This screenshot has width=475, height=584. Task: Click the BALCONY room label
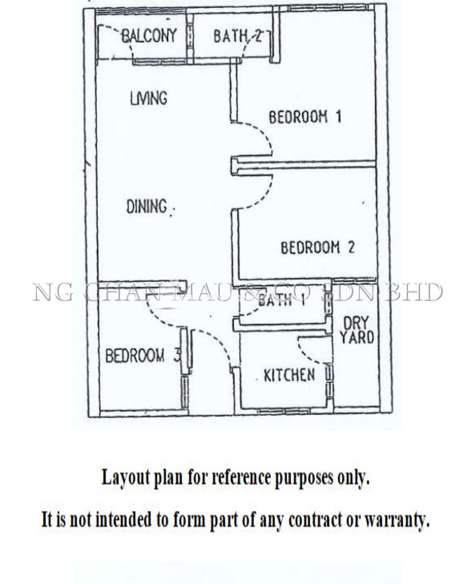[149, 36]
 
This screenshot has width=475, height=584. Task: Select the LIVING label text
[149, 98]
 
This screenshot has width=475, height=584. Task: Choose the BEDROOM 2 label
[318, 247]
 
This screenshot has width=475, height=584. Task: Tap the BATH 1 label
[281, 300]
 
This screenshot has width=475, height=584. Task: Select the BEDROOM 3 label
[143, 356]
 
